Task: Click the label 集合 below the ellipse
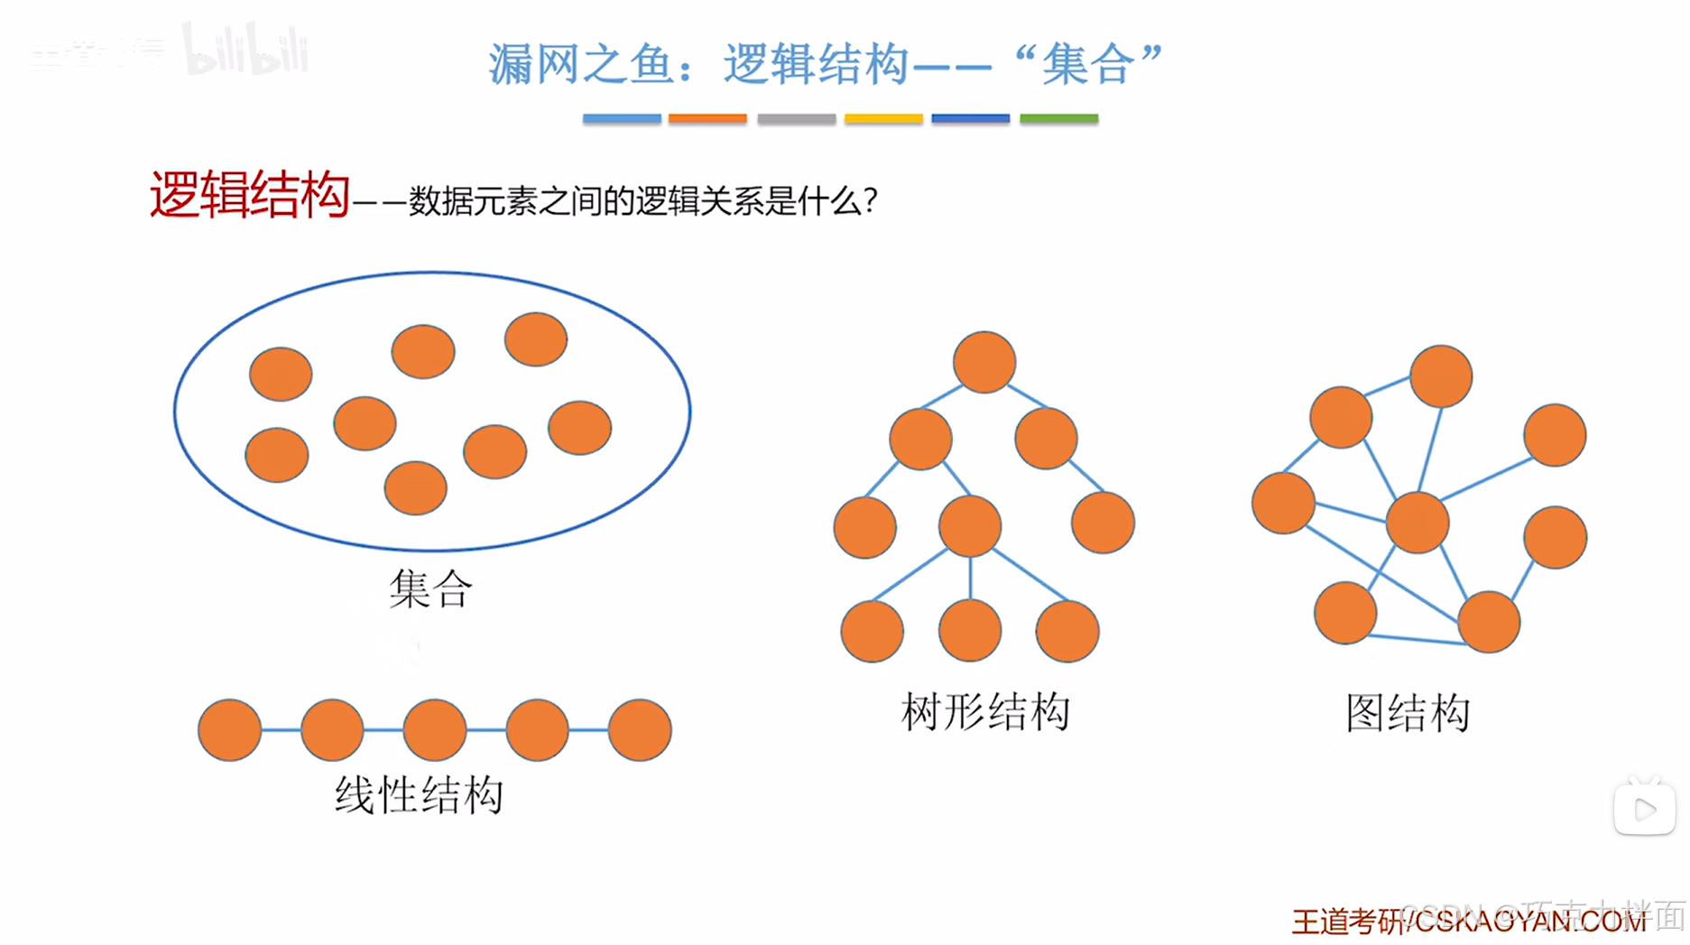(430, 589)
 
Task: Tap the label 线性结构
(419, 795)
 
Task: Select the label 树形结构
(985, 712)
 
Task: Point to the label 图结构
(1408, 713)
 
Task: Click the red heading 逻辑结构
(249, 195)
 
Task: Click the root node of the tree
(984, 363)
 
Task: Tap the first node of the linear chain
(230, 730)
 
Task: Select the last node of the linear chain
(640, 730)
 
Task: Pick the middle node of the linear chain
(435, 730)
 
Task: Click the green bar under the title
(1058, 118)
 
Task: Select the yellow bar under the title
(883, 118)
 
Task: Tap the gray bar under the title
(796, 118)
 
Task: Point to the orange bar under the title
(707, 118)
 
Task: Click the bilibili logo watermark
(245, 50)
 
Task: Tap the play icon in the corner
(1644, 809)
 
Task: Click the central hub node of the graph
(1418, 523)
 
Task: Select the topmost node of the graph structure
(1441, 376)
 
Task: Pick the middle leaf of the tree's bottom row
(970, 631)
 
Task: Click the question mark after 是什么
(870, 200)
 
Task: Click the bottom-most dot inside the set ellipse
(416, 488)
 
